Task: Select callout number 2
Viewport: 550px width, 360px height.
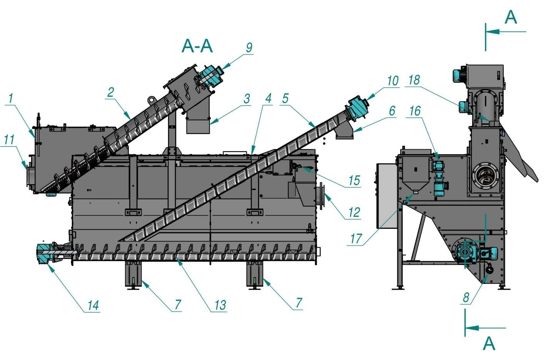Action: pos(111,92)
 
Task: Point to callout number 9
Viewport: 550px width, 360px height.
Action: pos(249,47)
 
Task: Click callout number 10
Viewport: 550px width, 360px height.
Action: pos(392,81)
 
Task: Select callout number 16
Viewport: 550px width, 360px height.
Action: pos(415,111)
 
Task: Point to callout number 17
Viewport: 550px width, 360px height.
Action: pos(356,238)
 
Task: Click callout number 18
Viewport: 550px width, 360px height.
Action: pos(414,80)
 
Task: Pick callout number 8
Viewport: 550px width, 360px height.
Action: pos(466,297)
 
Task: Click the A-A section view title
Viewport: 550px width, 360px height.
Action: pos(197,46)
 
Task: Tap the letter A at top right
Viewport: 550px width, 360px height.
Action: pos(510,17)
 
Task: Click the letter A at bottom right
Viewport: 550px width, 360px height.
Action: pos(489,343)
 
